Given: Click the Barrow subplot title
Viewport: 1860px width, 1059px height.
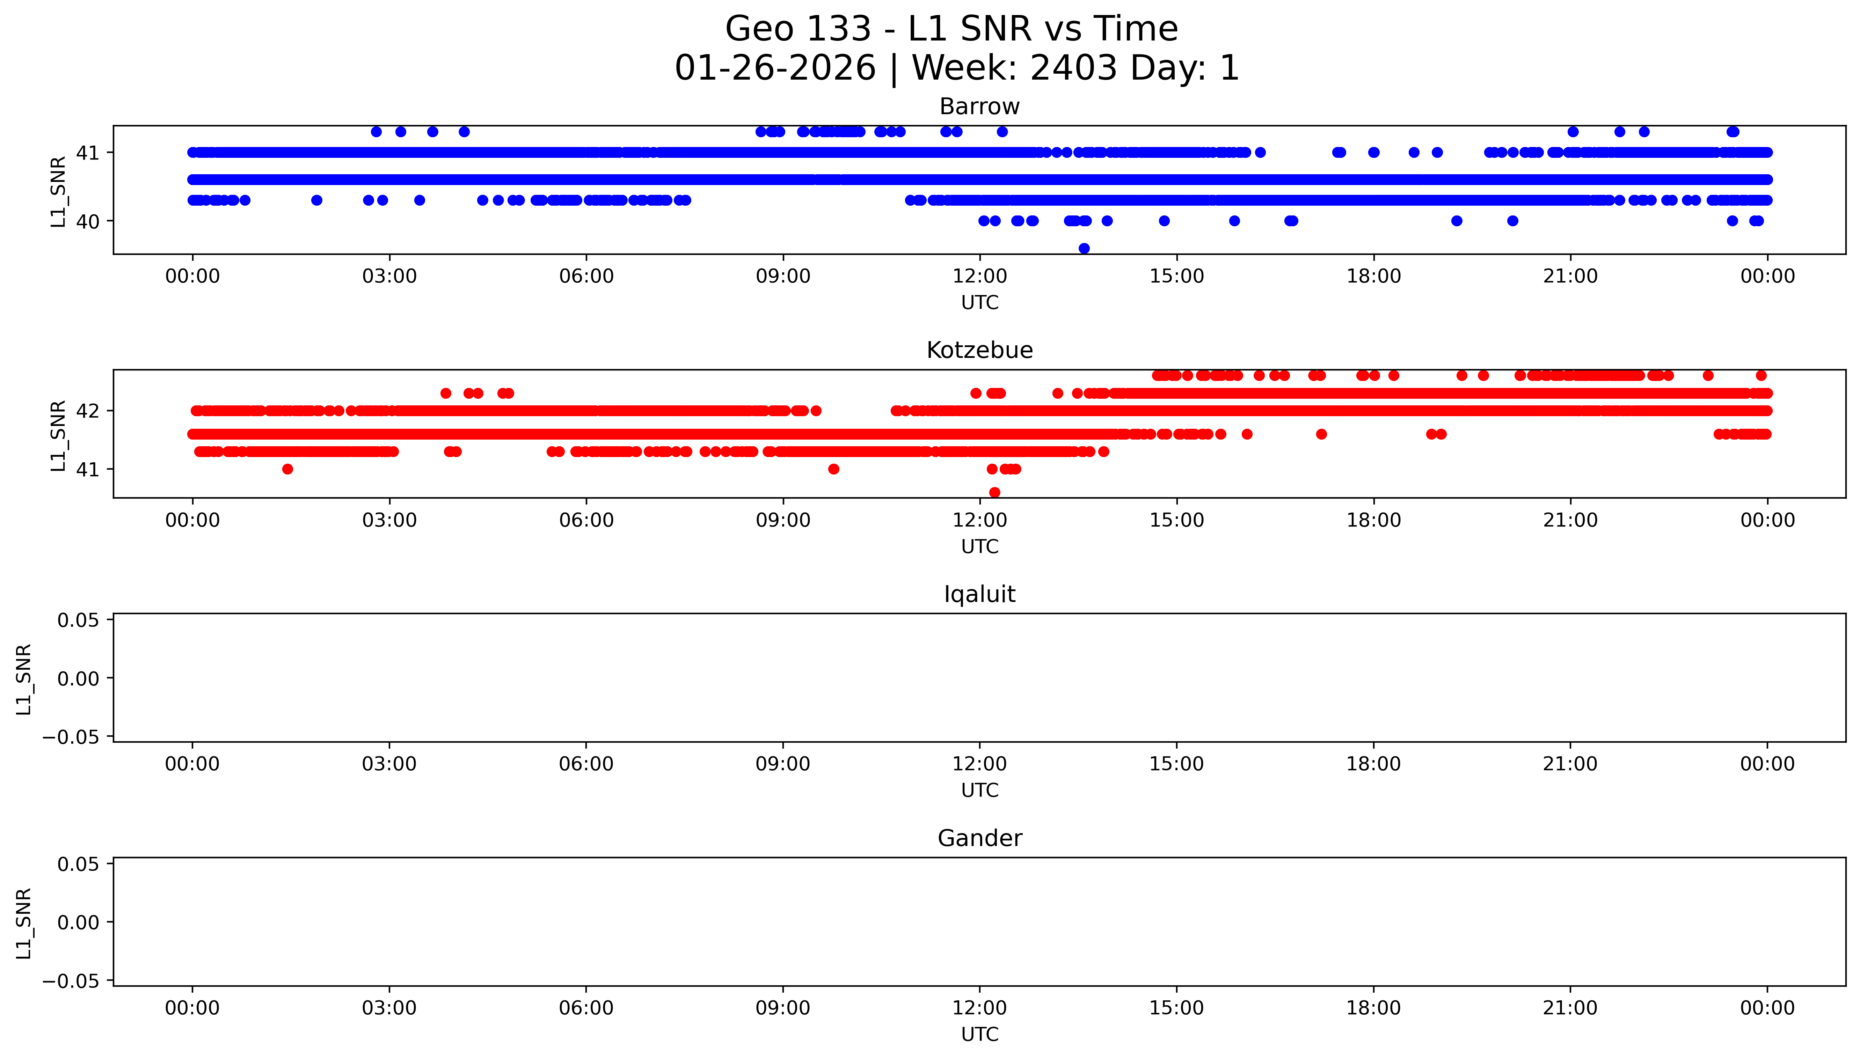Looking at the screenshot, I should (979, 107).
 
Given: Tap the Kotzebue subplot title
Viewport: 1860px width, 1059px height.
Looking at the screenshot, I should (979, 351).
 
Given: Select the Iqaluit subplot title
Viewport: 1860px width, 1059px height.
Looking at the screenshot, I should (979, 594).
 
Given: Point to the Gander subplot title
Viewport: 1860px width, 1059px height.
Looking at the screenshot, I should (979, 839).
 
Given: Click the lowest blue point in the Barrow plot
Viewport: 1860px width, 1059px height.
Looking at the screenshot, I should (1084, 248).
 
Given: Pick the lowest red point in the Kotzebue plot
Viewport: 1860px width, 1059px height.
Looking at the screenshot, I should (994, 492).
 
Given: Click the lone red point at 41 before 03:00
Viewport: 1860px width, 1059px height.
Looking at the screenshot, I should (287, 469).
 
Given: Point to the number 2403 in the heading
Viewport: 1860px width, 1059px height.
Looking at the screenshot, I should (1074, 68).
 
